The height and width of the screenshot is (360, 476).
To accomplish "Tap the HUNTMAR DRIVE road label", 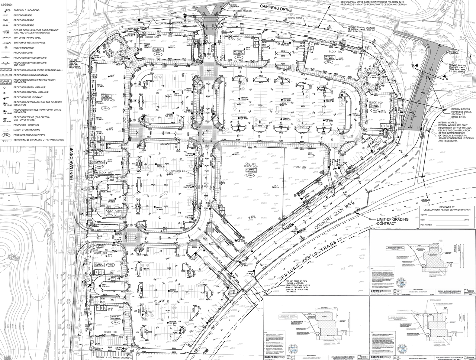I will click(72, 164).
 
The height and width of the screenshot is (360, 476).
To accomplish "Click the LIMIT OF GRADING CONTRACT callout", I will click(392, 221).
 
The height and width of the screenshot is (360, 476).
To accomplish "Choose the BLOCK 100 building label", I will click(110, 332).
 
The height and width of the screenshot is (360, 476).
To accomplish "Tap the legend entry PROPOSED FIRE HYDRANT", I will click(29, 97).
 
